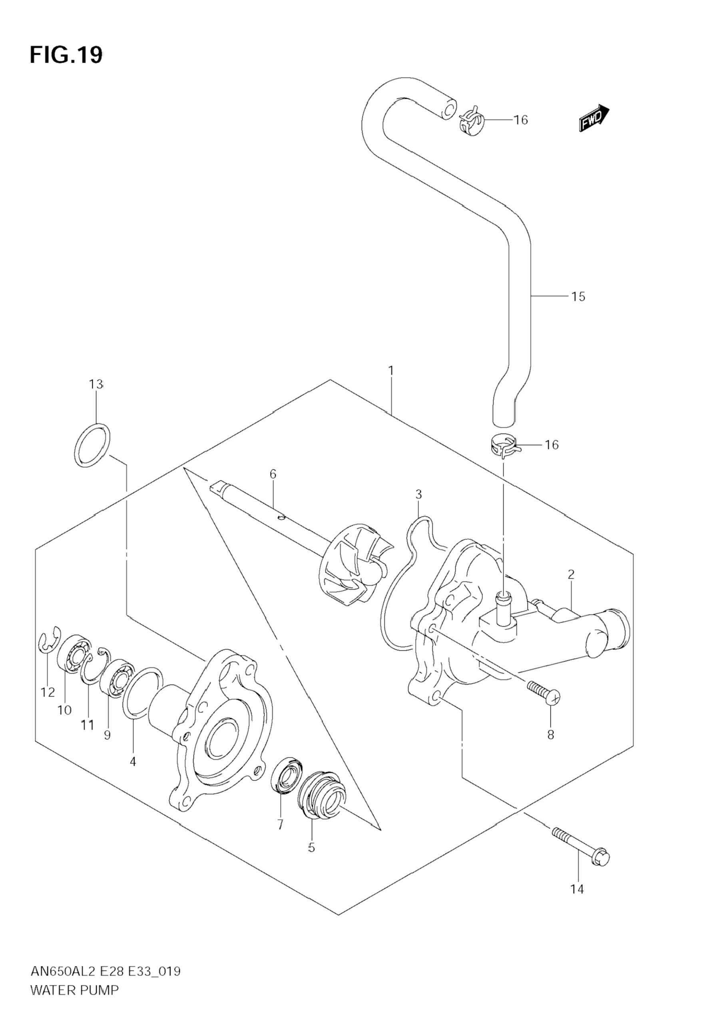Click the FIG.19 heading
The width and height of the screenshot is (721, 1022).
click(x=66, y=56)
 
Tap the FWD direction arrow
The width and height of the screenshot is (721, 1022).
click(x=594, y=118)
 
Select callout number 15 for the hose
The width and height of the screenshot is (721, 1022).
click(x=578, y=297)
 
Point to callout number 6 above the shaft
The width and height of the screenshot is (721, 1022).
click(x=273, y=474)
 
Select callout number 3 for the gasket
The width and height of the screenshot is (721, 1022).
click(x=418, y=494)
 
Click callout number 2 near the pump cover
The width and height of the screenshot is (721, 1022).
click(x=571, y=574)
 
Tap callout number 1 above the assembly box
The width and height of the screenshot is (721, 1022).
click(x=390, y=371)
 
